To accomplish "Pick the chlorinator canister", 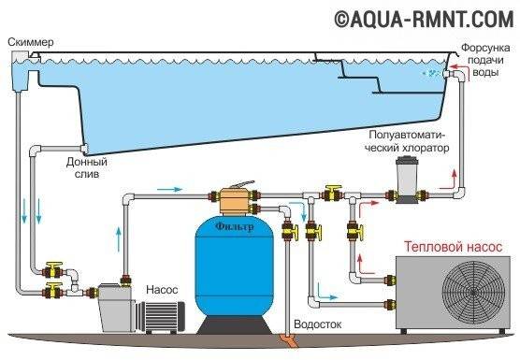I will (406, 180).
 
